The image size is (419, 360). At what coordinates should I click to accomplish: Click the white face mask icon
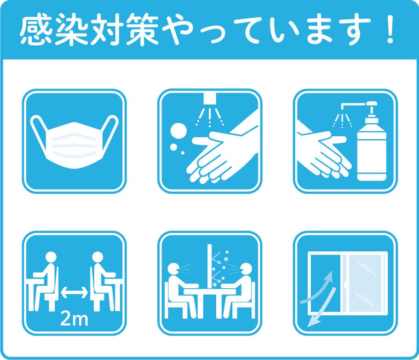(x=75, y=142)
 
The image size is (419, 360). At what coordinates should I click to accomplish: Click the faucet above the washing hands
(x=209, y=99)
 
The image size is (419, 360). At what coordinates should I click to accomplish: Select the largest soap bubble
(x=179, y=131)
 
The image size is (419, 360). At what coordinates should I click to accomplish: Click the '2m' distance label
(x=74, y=319)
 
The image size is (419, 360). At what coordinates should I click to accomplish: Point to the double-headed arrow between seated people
(x=74, y=292)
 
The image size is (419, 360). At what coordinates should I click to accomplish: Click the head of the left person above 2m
(x=51, y=257)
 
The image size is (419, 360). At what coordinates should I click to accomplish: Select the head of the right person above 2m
(x=98, y=257)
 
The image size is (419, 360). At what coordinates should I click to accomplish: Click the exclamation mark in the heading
(x=390, y=29)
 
